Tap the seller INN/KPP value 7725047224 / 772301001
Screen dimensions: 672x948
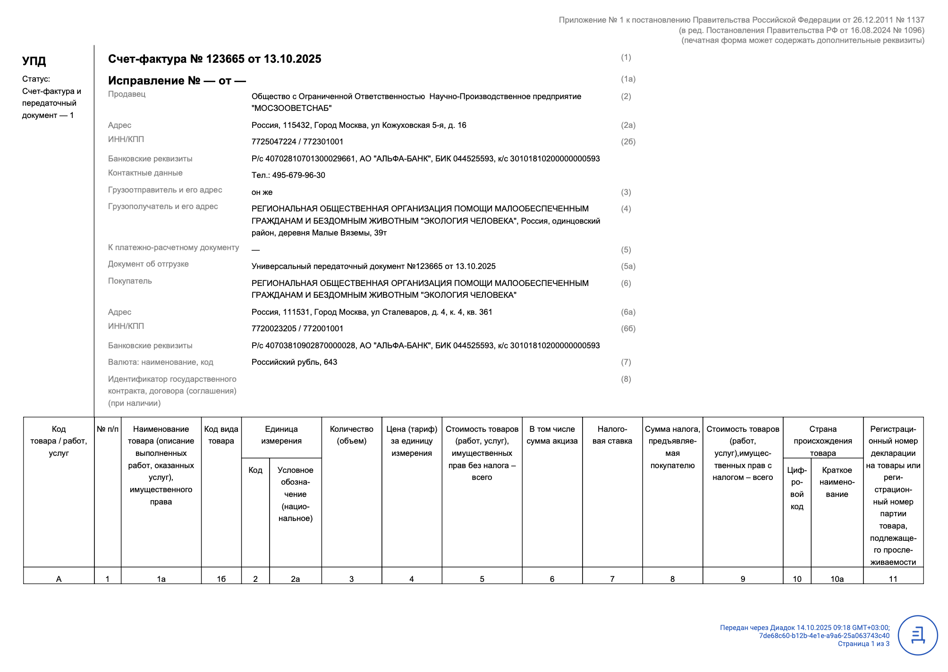pyautogui.click(x=297, y=142)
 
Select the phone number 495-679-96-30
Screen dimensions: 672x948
pyautogui.click(x=298, y=175)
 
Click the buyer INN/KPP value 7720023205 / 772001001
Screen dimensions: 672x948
pyautogui.click(x=297, y=328)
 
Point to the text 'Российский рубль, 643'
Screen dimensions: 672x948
pyautogui.click(x=294, y=362)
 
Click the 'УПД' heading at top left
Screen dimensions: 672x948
pyautogui.click(x=34, y=61)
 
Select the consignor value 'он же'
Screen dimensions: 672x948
pyautogui.click(x=262, y=192)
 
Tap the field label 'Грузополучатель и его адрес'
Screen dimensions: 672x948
pyautogui.click(x=163, y=206)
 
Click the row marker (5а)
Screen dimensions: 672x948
pyautogui.click(x=628, y=266)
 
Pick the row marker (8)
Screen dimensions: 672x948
pyautogui.click(x=626, y=379)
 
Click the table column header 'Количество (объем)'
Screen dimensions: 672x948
pyautogui.click(x=351, y=435)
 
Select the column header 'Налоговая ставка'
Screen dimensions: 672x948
pyautogui.click(x=612, y=435)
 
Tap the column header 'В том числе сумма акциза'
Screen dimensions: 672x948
pyautogui.click(x=552, y=435)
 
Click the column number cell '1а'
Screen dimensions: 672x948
pyautogui.click(x=161, y=579)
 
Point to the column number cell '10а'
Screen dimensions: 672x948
pyautogui.click(x=837, y=579)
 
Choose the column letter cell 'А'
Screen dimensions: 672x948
pyautogui.click(x=59, y=579)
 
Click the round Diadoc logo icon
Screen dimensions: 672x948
pyautogui.click(x=917, y=635)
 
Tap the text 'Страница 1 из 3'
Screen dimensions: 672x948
pyautogui.click(x=863, y=644)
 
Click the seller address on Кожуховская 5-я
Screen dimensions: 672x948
pyautogui.click(x=359, y=125)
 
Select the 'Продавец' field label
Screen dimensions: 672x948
pyautogui.click(x=127, y=94)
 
